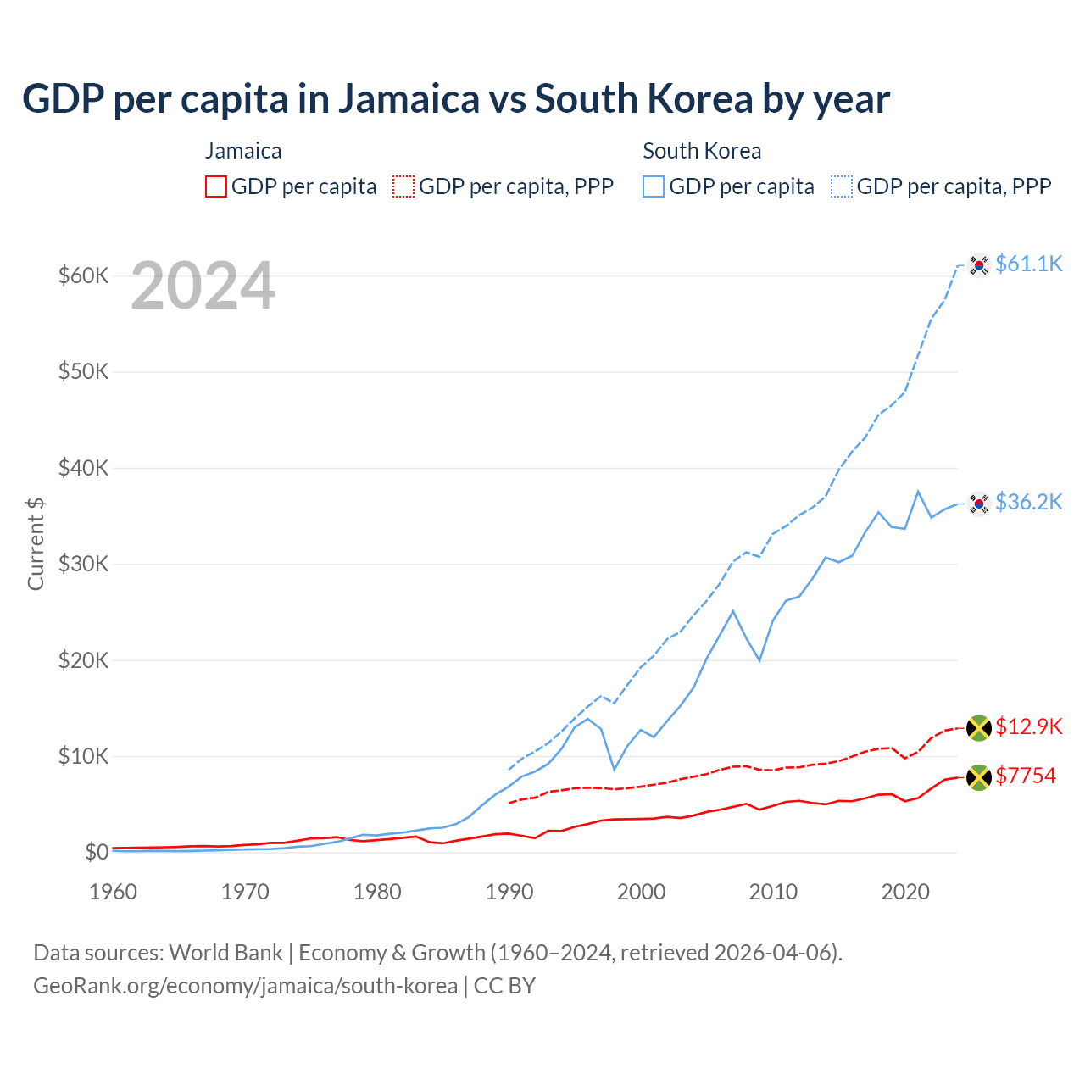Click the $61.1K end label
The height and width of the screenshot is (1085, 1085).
click(1028, 264)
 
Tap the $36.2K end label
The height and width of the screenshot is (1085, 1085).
click(1028, 503)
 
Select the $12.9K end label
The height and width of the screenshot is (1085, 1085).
click(1028, 727)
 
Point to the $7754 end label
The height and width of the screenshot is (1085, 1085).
click(1026, 776)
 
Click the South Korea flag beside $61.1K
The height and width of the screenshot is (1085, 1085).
click(979, 265)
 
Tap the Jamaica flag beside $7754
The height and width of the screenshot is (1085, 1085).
click(979, 777)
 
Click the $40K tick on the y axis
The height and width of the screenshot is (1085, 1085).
click(83, 468)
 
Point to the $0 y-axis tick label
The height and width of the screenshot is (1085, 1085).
click(97, 852)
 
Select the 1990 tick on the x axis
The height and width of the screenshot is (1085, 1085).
click(509, 892)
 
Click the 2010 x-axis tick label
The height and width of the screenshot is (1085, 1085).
click(773, 892)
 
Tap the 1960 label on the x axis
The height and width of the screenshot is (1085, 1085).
click(114, 892)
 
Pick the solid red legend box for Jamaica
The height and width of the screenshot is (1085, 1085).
click(216, 186)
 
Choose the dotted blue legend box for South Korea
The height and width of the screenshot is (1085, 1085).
click(842, 186)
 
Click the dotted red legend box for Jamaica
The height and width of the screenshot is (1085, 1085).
click(403, 186)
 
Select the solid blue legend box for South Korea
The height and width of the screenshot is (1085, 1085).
click(654, 186)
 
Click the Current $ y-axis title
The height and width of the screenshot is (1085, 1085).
click(36, 544)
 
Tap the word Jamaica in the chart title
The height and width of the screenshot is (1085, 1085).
click(409, 99)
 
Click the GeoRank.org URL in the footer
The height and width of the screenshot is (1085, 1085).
click(245, 986)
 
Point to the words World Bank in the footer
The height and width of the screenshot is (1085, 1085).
click(225, 953)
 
